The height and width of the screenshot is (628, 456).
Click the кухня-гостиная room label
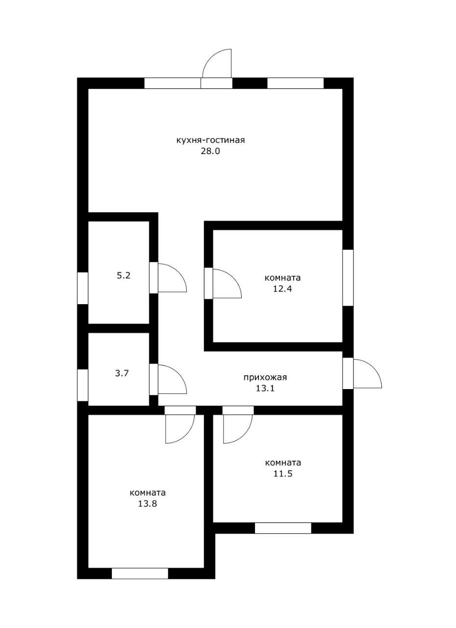210,140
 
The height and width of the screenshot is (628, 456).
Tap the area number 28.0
210,151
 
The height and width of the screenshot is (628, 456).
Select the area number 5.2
124,275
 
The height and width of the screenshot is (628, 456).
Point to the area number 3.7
122,373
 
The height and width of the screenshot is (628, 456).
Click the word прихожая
265,377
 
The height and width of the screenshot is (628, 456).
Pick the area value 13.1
265,388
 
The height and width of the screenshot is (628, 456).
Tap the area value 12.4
282,289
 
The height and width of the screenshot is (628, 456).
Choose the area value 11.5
283,473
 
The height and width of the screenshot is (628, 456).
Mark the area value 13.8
147,503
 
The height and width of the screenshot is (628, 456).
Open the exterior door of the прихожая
362,373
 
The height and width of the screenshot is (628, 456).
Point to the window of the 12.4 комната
348,278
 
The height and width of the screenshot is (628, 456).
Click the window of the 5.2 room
83,288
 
